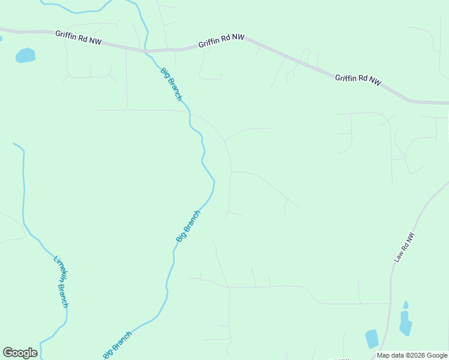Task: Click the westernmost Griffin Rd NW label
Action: coord(79,38)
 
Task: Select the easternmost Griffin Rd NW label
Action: coord(358,79)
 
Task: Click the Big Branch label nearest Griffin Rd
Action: coord(171,84)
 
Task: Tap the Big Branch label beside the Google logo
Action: coord(117,344)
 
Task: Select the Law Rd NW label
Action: coord(404,247)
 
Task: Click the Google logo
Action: coord(20,353)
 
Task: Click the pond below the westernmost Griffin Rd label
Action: coord(26,55)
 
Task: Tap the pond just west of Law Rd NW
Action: coord(372,339)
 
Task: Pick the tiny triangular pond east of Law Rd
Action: coord(406,305)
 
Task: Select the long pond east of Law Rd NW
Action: coord(405,323)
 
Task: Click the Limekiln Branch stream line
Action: coord(25,198)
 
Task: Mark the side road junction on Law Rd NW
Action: coord(391,304)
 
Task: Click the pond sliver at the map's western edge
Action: coord(1,39)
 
